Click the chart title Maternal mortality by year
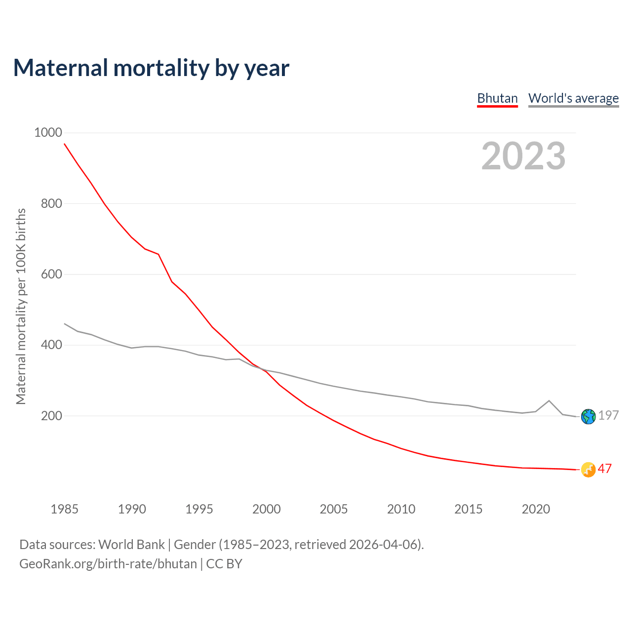tap(151, 68)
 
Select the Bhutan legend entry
tap(497, 98)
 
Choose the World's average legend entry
tap(573, 98)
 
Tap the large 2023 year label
tap(523, 156)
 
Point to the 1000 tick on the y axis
tap(48, 132)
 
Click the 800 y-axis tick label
tap(51, 203)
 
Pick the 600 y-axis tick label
tap(51, 274)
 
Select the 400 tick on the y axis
tap(51, 345)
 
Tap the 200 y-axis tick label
tap(51, 416)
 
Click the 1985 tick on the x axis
tap(65, 509)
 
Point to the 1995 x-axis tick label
tap(199, 509)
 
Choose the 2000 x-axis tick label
tap(267, 509)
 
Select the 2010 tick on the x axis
tap(401, 509)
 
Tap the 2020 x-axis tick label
tap(536, 509)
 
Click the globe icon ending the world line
tap(588, 417)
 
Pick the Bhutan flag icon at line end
tap(588, 470)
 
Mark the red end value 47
tap(605, 469)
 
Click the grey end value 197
tap(608, 415)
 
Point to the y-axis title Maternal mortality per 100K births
tap(21, 306)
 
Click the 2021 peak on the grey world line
tap(549, 400)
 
